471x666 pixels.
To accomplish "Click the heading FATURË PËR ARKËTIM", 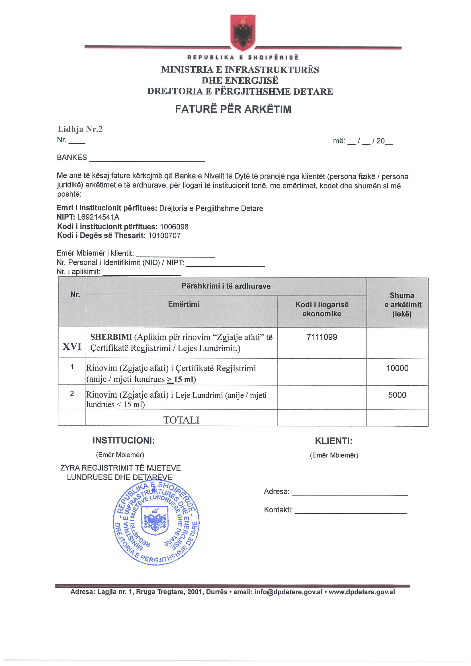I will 233,109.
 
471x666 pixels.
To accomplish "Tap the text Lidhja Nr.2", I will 80,129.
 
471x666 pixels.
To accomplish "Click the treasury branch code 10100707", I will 164,236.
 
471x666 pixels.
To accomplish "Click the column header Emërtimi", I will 184,304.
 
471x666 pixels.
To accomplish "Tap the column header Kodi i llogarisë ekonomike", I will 322,309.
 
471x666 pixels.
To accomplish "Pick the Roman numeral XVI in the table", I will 72,346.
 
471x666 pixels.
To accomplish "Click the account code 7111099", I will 322,337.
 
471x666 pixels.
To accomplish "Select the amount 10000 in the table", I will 397,368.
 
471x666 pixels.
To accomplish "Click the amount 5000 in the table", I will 397,395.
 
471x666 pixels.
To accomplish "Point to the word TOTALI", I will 182,420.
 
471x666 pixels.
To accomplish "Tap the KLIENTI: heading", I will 334,441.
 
